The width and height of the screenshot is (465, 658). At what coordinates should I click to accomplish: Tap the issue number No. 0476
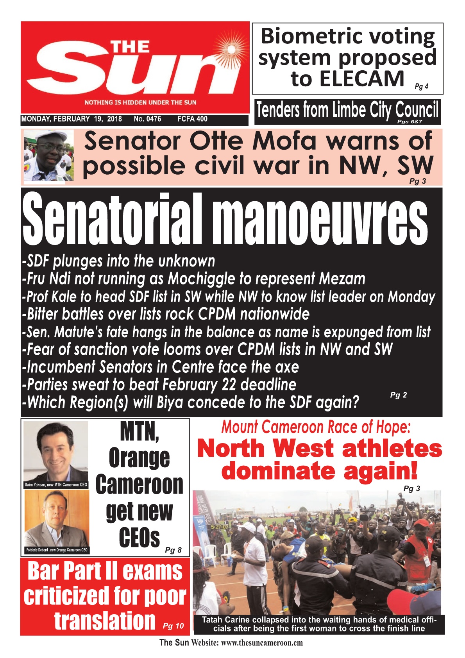click(147, 119)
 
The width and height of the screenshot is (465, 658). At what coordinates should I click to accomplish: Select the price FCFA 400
click(192, 119)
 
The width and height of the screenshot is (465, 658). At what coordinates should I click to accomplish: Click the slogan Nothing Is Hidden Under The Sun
click(140, 102)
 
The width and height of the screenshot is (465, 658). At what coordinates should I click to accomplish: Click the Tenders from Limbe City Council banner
click(347, 111)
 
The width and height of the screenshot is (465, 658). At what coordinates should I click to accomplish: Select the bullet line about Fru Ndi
click(194, 279)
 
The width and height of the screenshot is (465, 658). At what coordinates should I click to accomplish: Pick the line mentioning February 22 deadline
click(159, 385)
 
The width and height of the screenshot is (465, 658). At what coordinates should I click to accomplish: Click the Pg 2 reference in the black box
click(398, 395)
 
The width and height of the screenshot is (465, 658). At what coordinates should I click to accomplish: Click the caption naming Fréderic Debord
click(57, 550)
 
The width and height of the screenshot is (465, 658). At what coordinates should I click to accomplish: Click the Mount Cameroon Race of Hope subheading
click(316, 427)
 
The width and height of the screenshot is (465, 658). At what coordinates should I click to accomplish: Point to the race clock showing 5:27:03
click(220, 527)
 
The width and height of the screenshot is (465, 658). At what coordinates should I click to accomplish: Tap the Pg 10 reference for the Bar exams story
click(173, 626)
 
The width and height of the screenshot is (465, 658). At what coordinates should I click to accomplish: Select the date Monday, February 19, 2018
click(72, 119)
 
